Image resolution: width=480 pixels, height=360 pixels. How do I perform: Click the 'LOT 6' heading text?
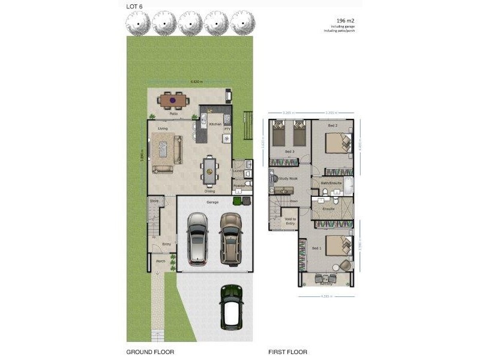pos(134,7)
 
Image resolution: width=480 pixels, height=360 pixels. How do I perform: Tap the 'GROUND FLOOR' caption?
pos(150,352)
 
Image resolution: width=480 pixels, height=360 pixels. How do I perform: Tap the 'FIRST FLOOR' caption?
pos(287,352)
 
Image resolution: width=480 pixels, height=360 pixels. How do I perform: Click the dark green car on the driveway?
pos(231,305)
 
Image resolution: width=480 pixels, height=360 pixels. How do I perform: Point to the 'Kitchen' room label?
pos(215,124)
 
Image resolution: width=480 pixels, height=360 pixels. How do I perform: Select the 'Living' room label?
pos(163,128)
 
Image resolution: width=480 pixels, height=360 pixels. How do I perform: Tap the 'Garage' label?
pos(212,202)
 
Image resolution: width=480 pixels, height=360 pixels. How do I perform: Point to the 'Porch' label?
pos(160,261)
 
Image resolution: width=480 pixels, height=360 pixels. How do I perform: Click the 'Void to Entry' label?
pos(290,222)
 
